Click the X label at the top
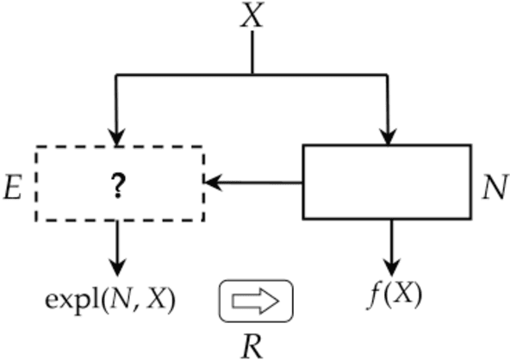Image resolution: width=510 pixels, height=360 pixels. [252, 16]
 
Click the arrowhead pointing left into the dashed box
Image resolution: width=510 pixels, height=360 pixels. [211, 183]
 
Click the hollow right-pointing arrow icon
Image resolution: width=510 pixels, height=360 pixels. [258, 301]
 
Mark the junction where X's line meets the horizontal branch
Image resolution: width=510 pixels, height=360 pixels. [252, 75]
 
